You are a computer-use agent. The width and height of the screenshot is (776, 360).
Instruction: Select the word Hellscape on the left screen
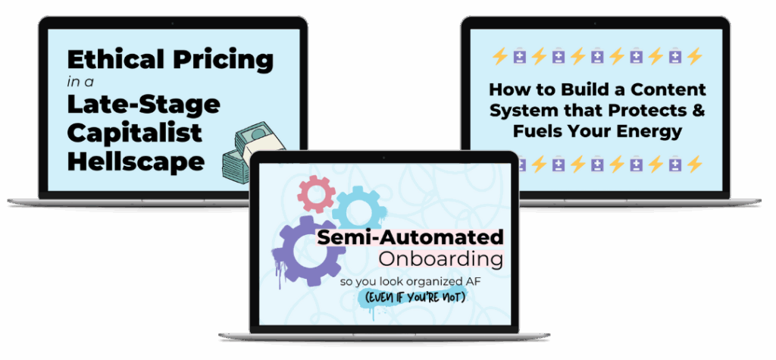click(136, 161)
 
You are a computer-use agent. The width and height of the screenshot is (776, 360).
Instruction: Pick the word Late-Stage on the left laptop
click(143, 105)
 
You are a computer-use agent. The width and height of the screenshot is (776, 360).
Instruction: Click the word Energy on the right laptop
click(650, 131)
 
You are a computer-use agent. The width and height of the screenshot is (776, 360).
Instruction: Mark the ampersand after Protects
click(698, 111)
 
